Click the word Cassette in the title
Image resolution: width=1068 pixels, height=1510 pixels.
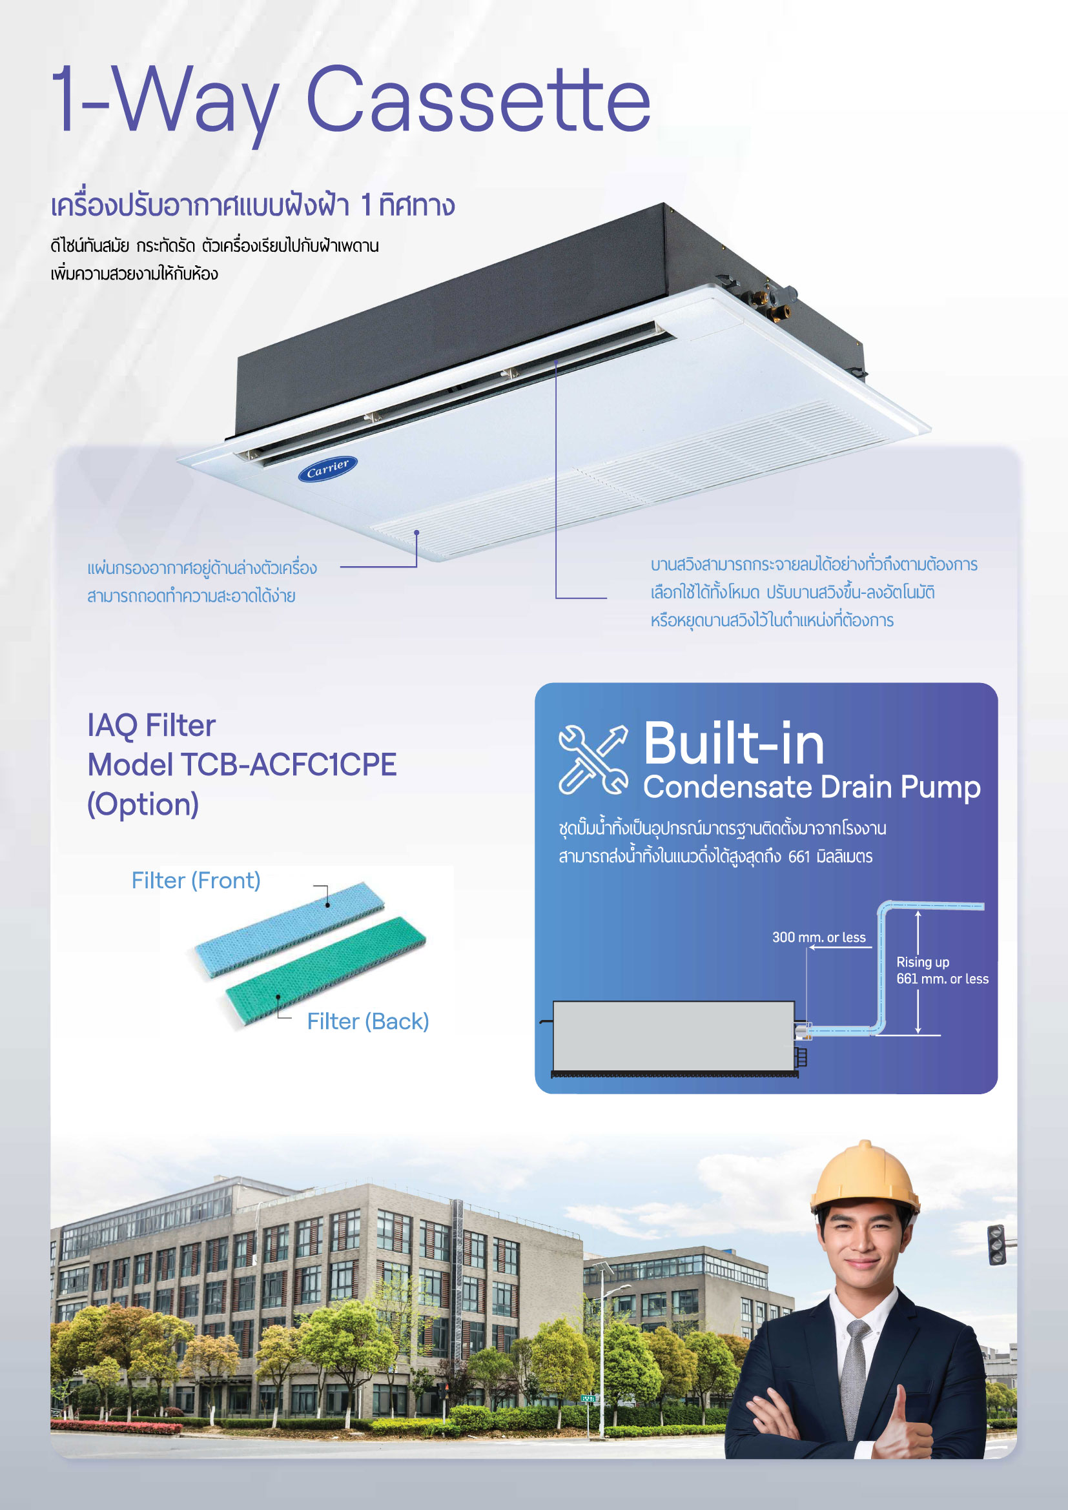pyautogui.click(x=478, y=99)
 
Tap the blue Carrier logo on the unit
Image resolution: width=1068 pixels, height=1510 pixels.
pyautogui.click(x=327, y=468)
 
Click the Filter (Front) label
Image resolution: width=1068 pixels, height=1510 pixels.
pyautogui.click(x=196, y=881)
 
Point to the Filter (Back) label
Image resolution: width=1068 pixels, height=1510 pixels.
pyautogui.click(x=367, y=1021)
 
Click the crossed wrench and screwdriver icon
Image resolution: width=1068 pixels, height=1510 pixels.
pyautogui.click(x=593, y=760)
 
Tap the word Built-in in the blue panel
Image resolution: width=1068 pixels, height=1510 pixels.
pyautogui.click(x=734, y=744)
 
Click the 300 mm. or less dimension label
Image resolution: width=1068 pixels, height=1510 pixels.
pyautogui.click(x=819, y=937)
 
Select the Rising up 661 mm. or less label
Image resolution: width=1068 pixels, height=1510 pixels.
pyautogui.click(x=941, y=970)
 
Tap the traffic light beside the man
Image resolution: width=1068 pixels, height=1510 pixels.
pyautogui.click(x=997, y=1244)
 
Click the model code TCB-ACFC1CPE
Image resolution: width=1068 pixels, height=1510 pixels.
pyautogui.click(x=289, y=765)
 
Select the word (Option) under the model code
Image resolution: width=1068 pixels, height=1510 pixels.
pyautogui.click(x=143, y=804)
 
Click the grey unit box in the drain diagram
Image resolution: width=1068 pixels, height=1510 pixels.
pyautogui.click(x=673, y=1036)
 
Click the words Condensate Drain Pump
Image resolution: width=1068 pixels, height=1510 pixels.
pyautogui.click(x=812, y=787)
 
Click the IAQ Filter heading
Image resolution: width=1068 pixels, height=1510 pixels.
pyautogui.click(x=151, y=726)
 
